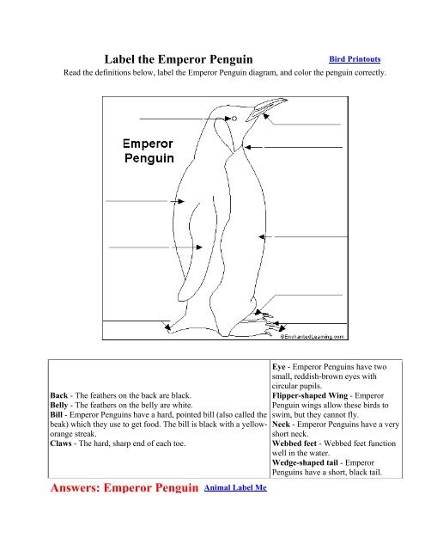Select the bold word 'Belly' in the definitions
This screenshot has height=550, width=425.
click(x=65, y=408)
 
